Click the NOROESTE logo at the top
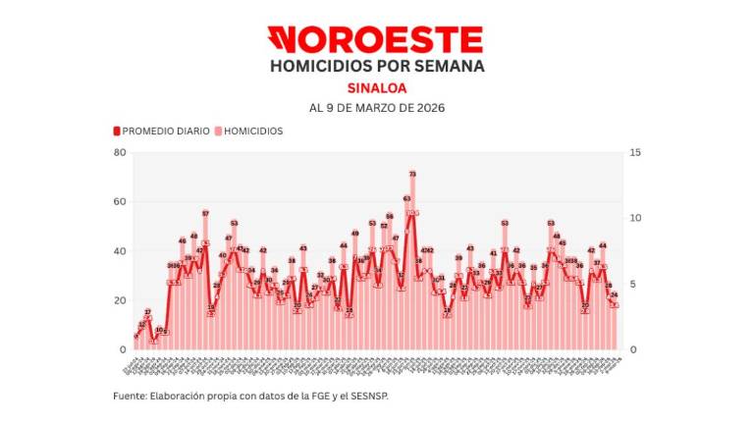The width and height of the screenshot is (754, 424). (376, 39)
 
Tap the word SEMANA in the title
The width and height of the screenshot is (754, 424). (449, 66)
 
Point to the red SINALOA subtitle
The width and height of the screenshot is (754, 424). (376, 87)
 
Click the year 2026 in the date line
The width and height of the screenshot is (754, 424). (428, 107)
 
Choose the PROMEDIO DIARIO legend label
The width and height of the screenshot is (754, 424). (166, 131)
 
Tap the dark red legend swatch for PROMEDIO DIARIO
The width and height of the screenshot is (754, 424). (116, 131)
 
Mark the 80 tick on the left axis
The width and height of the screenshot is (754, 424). (120, 152)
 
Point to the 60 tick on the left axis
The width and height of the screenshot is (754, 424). (120, 201)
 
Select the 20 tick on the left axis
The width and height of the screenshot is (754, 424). (120, 300)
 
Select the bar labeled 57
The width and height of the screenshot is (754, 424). (205, 285)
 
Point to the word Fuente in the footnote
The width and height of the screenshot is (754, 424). (129, 396)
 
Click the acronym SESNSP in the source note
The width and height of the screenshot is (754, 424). (379, 396)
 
